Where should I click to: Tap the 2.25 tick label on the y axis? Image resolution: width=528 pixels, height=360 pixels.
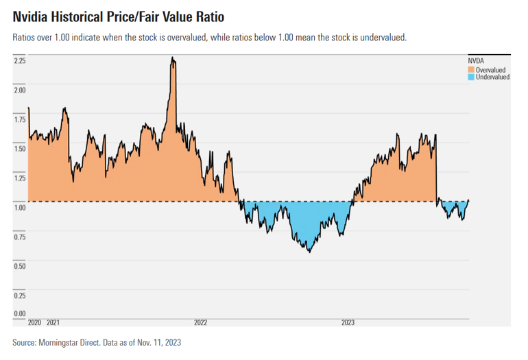pyautogui.click(x=20, y=61)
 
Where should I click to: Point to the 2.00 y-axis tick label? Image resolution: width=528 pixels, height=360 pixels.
pyautogui.click(x=20, y=90)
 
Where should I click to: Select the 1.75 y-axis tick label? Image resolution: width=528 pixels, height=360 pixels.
pyautogui.click(x=20, y=119)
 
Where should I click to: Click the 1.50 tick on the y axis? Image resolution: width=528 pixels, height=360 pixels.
pyautogui.click(x=20, y=149)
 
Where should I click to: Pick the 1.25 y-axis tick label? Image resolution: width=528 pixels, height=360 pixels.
pyautogui.click(x=20, y=178)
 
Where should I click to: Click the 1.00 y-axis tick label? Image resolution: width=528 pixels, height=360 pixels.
pyautogui.click(x=20, y=207)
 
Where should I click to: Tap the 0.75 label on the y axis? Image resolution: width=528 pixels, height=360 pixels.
pyautogui.click(x=20, y=237)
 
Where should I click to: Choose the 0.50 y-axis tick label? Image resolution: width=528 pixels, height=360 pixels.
pyautogui.click(x=20, y=266)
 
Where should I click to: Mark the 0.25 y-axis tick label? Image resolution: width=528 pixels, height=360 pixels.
pyautogui.click(x=20, y=296)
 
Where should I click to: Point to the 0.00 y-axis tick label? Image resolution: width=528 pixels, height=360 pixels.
pyautogui.click(x=20, y=314)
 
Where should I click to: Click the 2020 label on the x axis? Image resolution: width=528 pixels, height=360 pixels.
pyautogui.click(x=35, y=322)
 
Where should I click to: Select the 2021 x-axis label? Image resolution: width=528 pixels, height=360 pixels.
pyautogui.click(x=52, y=322)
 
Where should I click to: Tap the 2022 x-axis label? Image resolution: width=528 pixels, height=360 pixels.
pyautogui.click(x=200, y=322)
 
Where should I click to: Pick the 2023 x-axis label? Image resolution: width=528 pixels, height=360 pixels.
pyautogui.click(x=348, y=322)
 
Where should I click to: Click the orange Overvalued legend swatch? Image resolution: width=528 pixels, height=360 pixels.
pyautogui.click(x=471, y=70)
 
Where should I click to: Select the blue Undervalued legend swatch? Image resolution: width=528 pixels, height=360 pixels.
pyautogui.click(x=471, y=77)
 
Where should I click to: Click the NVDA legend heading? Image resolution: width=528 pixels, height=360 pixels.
pyautogui.click(x=476, y=61)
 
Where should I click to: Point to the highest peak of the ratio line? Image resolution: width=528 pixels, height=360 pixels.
pyautogui.click(x=173, y=58)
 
